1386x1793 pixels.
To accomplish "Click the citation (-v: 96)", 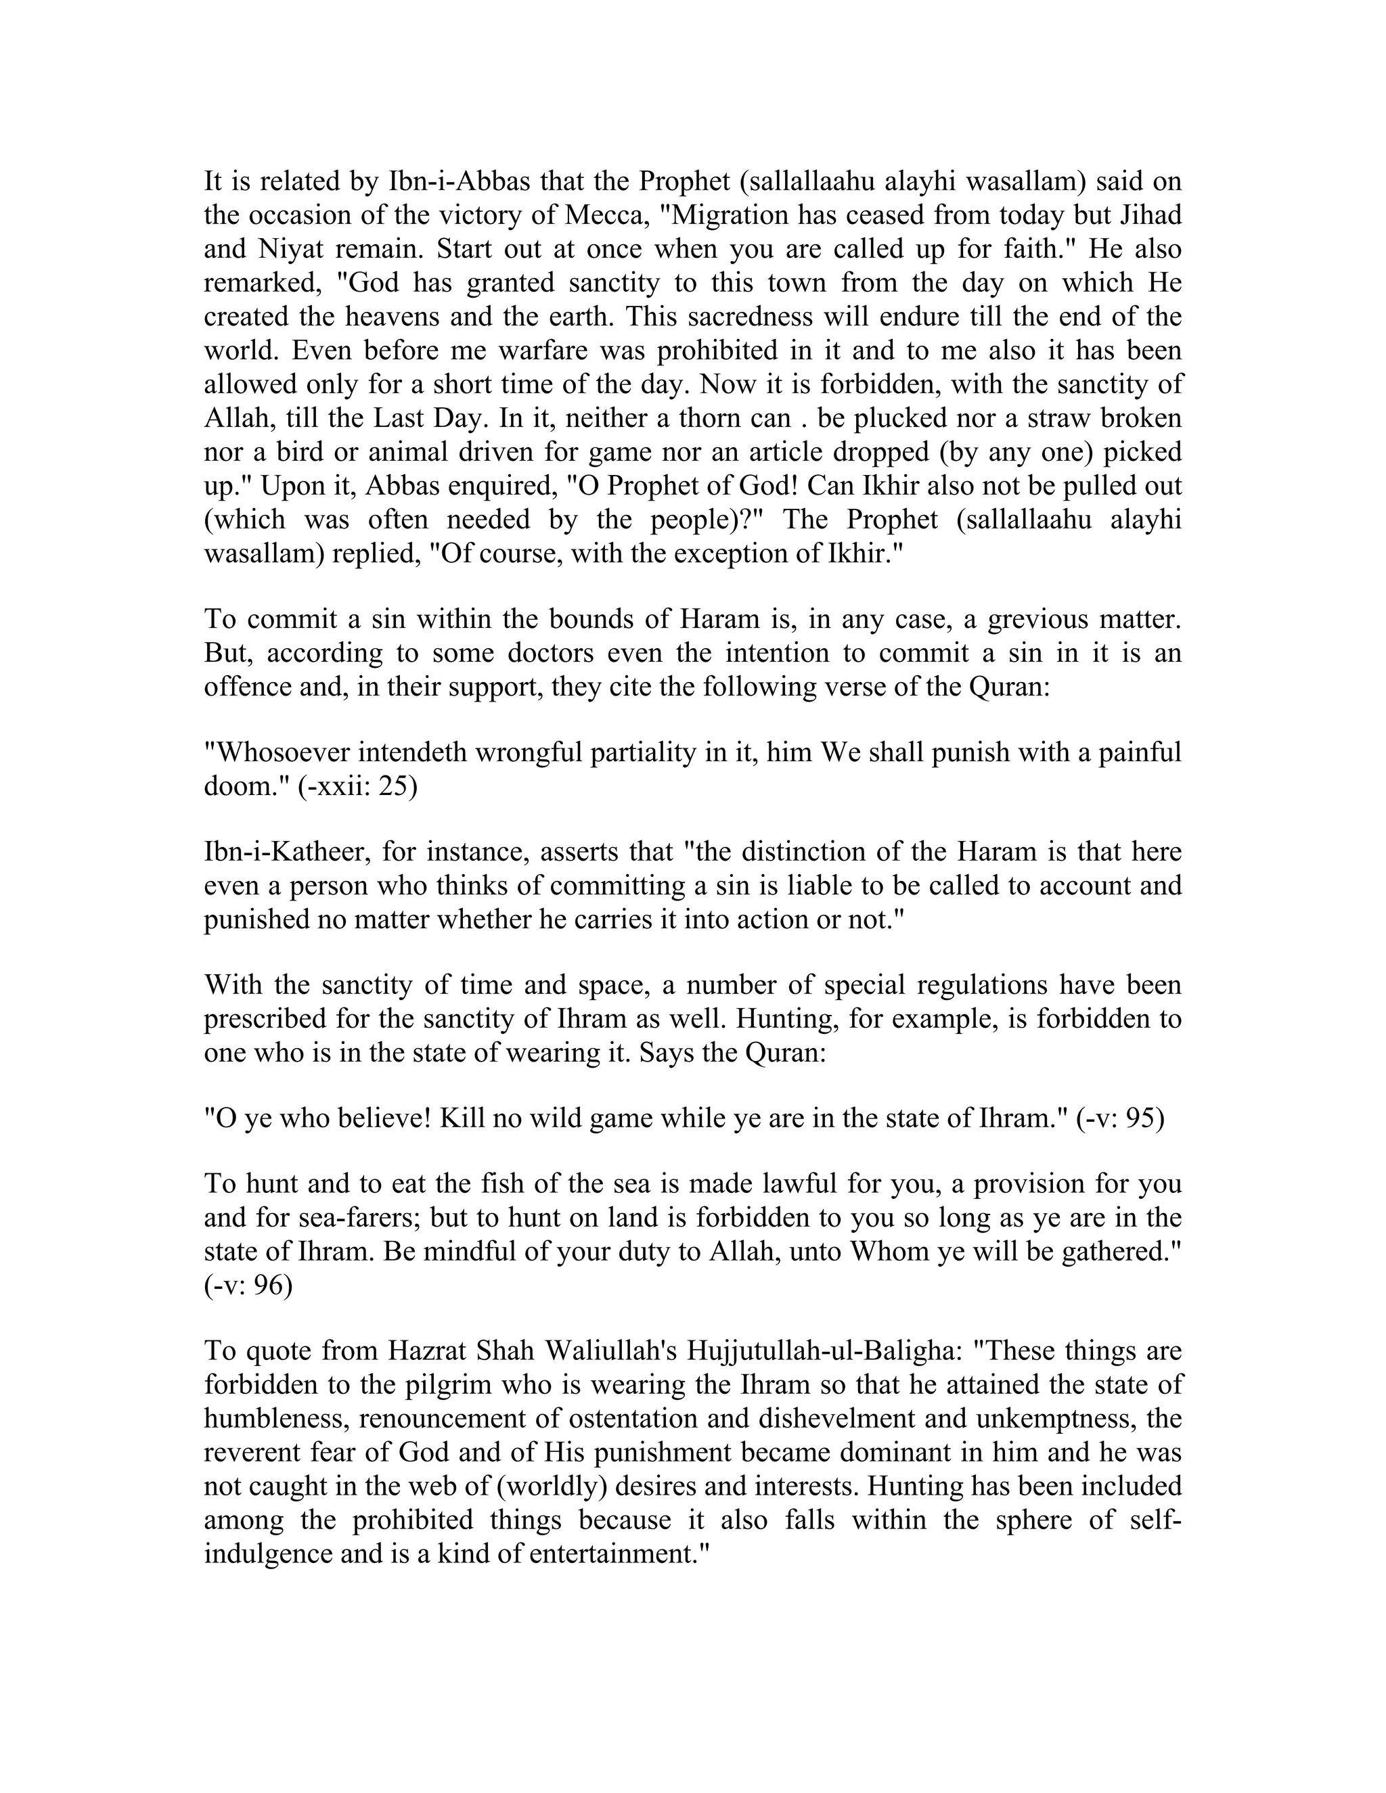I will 248,1286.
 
